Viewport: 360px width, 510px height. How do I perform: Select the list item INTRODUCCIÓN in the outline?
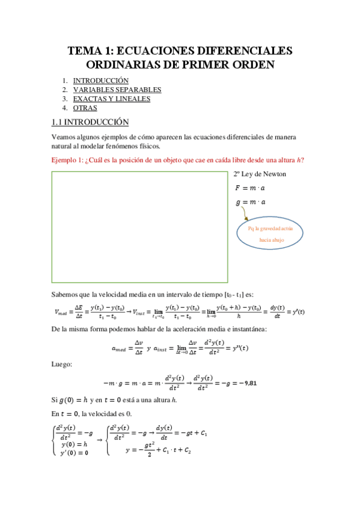101,81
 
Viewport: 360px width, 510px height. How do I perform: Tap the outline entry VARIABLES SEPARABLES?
117,90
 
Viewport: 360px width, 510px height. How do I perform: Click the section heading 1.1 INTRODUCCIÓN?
90,122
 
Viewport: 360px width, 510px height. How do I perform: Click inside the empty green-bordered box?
139,227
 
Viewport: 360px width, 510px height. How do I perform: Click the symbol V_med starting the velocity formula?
61,312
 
